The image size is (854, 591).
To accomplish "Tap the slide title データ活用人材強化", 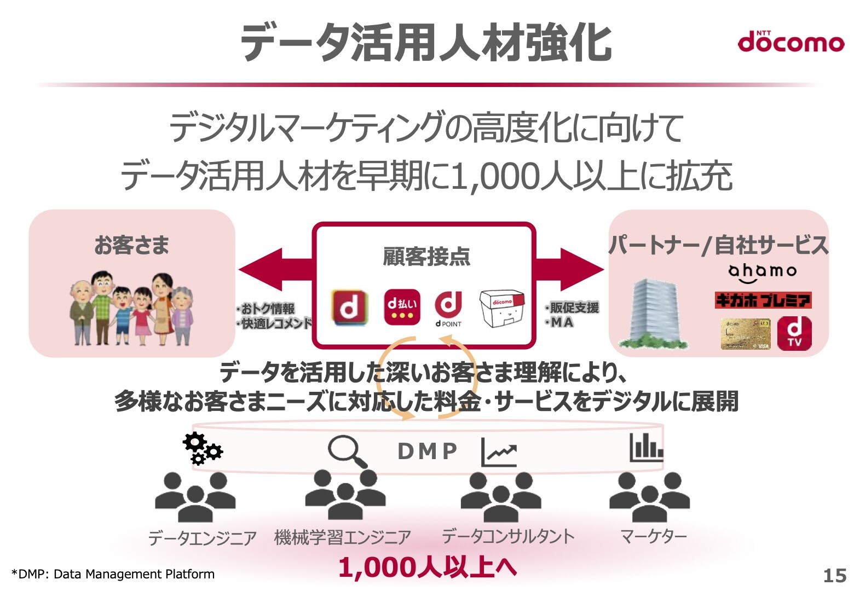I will coord(425,43).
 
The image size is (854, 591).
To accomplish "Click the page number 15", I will coord(834,575).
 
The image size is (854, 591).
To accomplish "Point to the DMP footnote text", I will coord(113,574).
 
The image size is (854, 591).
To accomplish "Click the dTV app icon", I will coord(794,333).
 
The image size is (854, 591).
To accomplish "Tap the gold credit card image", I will coord(745,334).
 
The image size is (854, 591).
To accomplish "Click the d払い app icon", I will coord(402,308).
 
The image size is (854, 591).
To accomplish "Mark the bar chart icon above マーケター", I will coord(646,447).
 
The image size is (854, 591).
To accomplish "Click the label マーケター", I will coord(653,537).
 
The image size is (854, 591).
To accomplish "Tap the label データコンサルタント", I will coord(508,537).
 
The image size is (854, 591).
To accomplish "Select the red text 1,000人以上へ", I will coord(428,567).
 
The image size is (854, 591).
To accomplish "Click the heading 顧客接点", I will coord(426,256).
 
